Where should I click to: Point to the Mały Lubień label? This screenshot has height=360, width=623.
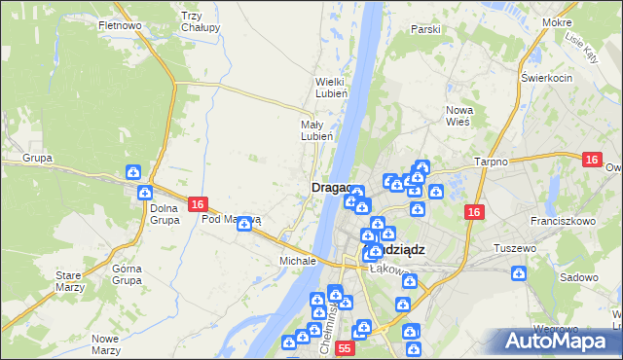coord(316,130)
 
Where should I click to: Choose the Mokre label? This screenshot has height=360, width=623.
coord(584,21)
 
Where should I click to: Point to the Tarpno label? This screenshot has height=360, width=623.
coord(491,162)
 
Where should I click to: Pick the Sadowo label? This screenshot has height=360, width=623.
coord(579,277)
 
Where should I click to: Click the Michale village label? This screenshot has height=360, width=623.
coord(298,261)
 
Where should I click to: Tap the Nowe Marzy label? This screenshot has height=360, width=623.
coord(104,343)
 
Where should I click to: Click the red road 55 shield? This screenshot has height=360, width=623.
coord(344,347)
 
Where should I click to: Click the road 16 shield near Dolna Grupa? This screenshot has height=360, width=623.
coord(198,204)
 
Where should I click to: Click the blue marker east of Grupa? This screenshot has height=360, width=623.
coord(133,173)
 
